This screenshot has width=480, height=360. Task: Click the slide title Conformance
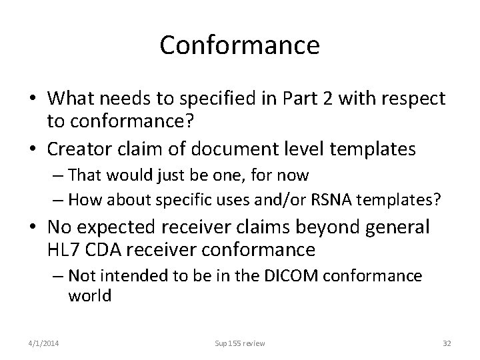point(240,45)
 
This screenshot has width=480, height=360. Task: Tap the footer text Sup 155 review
point(240,343)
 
